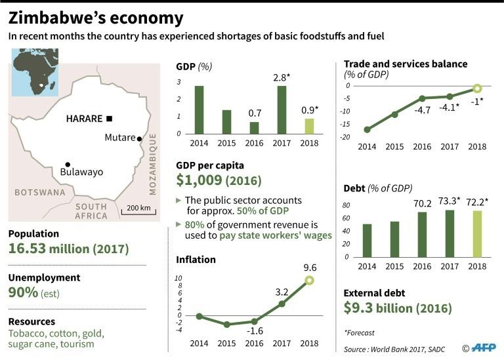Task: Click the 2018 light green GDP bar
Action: [x=308, y=126]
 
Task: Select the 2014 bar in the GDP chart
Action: [x=199, y=110]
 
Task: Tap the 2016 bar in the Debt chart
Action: [x=422, y=234]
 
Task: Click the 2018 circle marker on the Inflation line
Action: [x=309, y=281]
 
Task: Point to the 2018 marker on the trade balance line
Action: [x=478, y=89]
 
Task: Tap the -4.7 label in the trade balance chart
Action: [x=422, y=110]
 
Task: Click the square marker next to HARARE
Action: [x=109, y=119]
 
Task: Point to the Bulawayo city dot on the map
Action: [x=68, y=165]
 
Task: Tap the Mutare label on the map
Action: [x=119, y=138]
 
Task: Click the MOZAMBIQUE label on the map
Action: [x=153, y=164]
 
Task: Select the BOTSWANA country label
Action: [x=40, y=193]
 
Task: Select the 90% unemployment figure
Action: [x=23, y=293]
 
